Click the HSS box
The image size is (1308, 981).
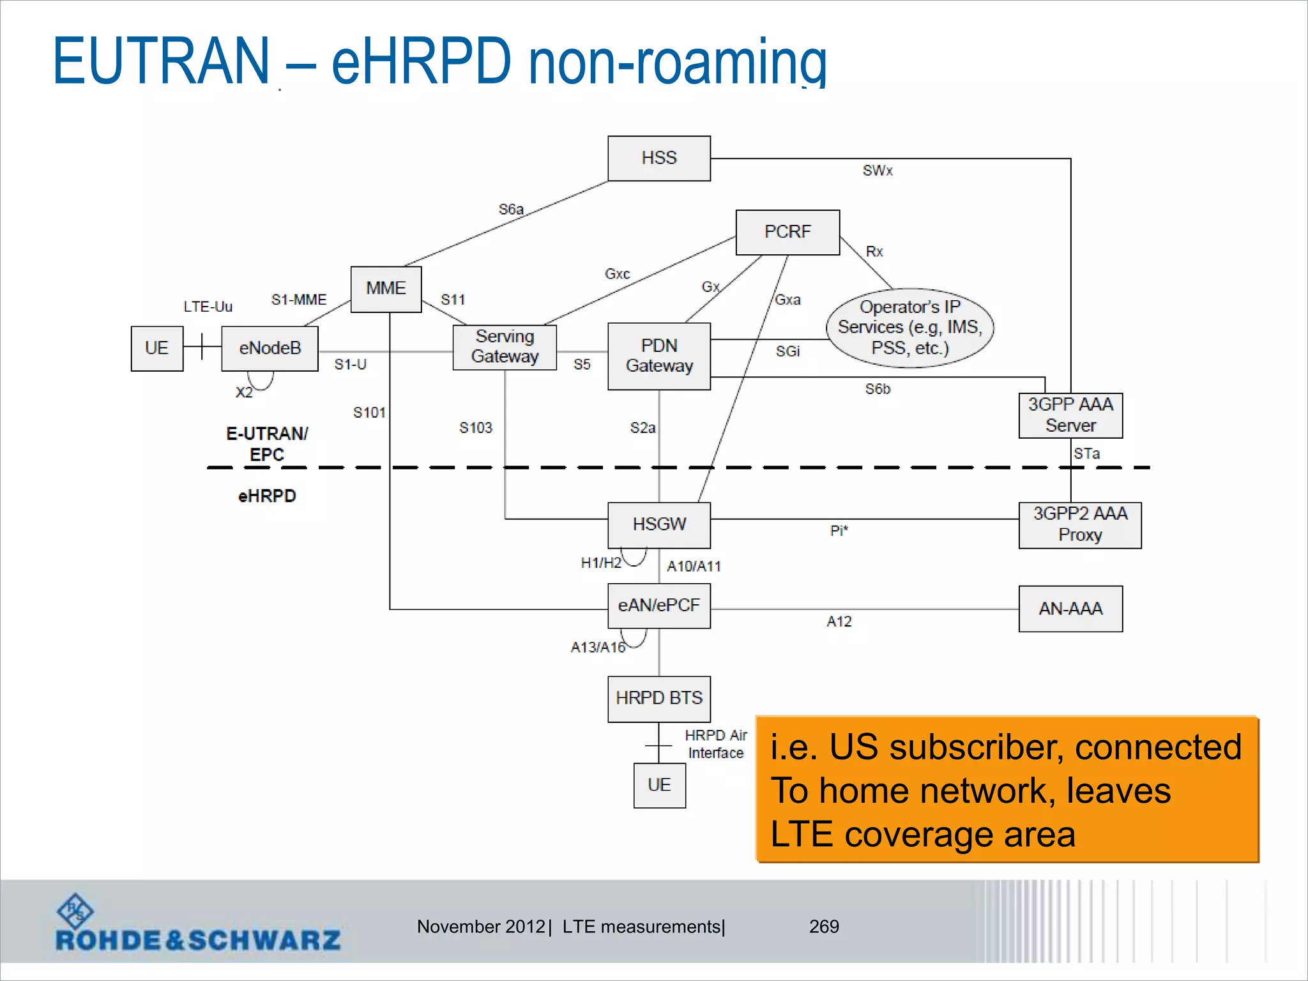(658, 158)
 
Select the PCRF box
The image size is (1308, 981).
(787, 232)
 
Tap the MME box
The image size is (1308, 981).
(386, 289)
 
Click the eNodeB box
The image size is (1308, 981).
(270, 349)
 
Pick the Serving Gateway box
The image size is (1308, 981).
(505, 347)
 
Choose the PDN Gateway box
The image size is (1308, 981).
(658, 356)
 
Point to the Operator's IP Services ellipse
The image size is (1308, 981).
(909, 328)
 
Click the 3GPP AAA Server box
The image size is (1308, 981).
(1070, 415)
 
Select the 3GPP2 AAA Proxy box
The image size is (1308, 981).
(1079, 525)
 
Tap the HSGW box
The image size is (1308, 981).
(658, 525)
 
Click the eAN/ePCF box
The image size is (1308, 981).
(658, 605)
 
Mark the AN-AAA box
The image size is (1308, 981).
(1070, 609)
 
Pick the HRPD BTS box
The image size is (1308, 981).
(658, 699)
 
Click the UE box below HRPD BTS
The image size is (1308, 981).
(659, 785)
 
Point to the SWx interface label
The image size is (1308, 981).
(878, 171)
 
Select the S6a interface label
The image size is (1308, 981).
(511, 209)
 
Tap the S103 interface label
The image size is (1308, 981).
(476, 428)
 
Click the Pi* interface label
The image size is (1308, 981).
(839, 531)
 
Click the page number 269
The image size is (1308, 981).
(824, 927)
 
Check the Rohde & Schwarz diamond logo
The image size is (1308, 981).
(75, 911)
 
